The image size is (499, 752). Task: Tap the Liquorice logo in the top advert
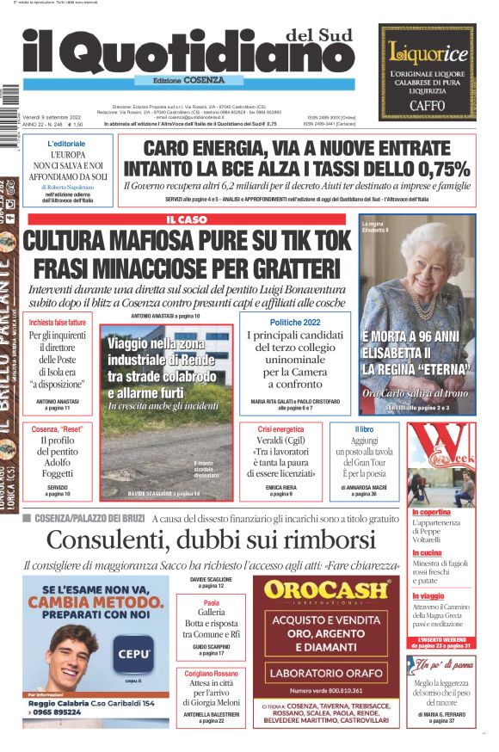pyautogui.click(x=428, y=53)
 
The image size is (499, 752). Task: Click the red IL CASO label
pyautogui.click(x=187, y=220)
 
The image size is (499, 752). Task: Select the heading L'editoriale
pyautogui.click(x=66, y=144)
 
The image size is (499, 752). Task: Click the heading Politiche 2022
pyautogui.click(x=294, y=322)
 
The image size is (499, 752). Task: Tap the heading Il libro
pyautogui.click(x=363, y=428)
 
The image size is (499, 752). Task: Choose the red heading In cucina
pyautogui.click(x=427, y=552)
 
